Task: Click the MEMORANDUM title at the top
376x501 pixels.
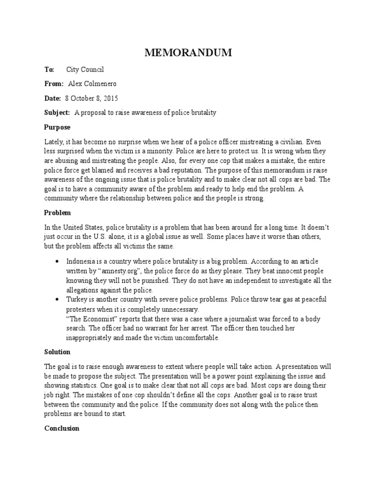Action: coord(188,53)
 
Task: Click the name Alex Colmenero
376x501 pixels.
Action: coord(96,84)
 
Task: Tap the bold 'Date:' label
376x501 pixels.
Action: coord(52,98)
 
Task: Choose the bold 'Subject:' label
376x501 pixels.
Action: coord(58,113)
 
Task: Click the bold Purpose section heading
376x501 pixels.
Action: coord(57,127)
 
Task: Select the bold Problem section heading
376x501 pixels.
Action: coord(58,213)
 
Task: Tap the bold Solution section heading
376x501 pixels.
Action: coord(57,352)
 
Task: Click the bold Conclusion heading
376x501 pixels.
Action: coord(62,428)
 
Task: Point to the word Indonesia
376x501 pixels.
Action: coord(82,262)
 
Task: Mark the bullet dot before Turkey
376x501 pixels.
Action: coord(59,299)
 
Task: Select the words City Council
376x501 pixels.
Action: coord(85,69)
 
